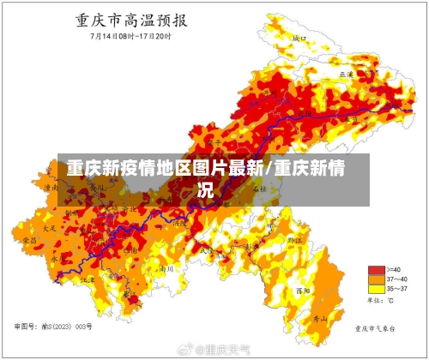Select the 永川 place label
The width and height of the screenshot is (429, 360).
(57, 256)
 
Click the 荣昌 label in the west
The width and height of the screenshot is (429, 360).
(30, 242)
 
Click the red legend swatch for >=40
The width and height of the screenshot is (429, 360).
(376, 268)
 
